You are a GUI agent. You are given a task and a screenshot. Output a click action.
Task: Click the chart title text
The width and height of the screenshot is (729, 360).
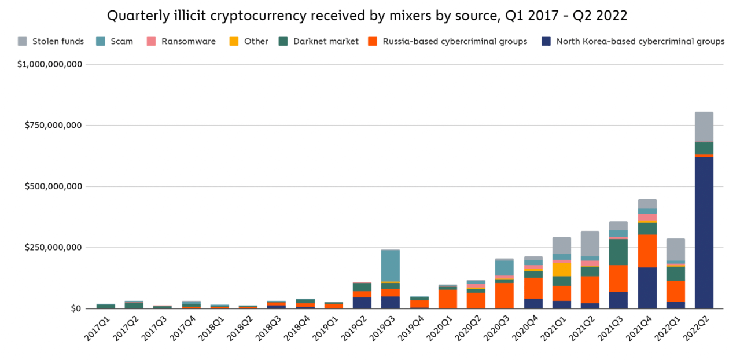coord(367,16)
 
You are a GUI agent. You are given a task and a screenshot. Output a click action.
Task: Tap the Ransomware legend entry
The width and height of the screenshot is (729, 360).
coord(181,41)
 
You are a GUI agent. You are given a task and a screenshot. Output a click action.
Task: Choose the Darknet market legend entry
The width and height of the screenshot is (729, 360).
coord(319,41)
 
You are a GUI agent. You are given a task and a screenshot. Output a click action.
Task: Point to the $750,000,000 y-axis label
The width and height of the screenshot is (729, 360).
coord(50,125)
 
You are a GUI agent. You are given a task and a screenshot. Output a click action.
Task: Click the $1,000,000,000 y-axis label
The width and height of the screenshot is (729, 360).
coord(50,64)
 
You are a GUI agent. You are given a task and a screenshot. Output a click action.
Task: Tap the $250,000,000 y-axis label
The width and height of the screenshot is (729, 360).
coord(50,248)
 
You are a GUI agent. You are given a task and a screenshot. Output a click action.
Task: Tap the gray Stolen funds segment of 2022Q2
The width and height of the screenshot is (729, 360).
coord(704,126)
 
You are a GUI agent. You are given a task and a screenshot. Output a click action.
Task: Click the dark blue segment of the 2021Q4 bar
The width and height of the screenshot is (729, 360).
coord(647,288)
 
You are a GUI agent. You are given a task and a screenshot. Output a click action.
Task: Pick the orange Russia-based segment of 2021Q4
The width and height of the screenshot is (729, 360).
coord(647,251)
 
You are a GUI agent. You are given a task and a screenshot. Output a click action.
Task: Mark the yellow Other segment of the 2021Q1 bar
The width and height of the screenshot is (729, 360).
coord(561,269)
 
